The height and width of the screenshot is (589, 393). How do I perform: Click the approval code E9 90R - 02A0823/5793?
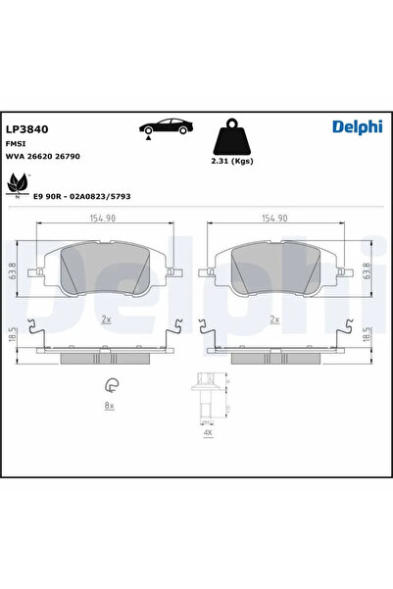click(82, 196)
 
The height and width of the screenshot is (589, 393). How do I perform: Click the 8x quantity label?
click(111, 405)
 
